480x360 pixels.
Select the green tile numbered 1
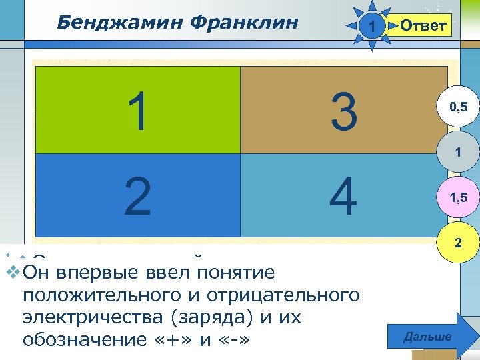click(137, 110)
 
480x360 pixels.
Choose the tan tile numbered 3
click(343, 110)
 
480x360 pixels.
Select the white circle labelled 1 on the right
click(457, 153)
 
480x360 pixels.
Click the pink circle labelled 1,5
click(457, 198)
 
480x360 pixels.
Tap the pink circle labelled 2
click(457, 243)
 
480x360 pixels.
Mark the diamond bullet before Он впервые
click(11, 273)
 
